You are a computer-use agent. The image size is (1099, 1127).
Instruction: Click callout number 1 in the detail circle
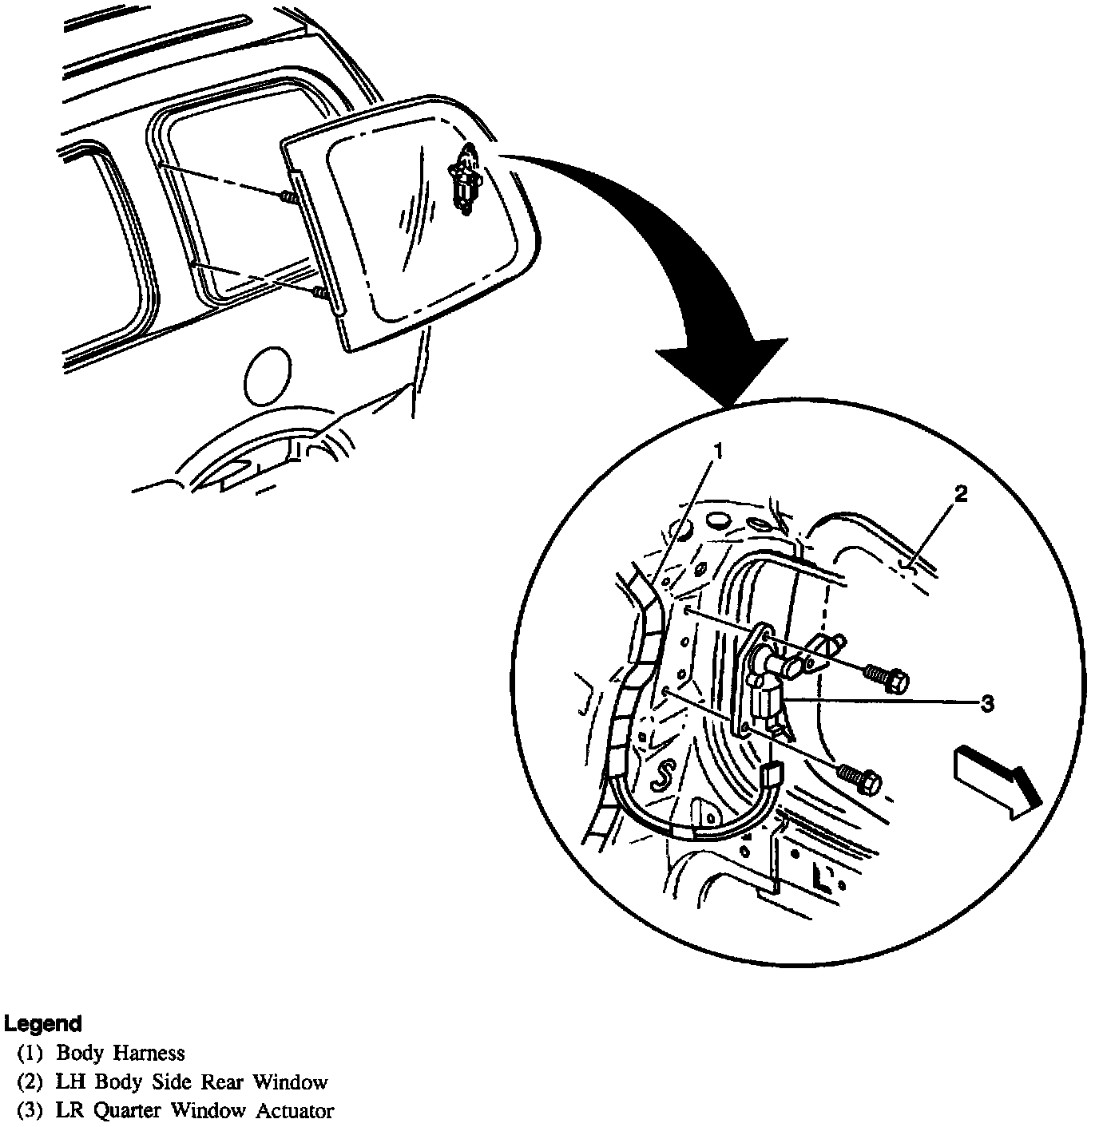tap(717, 453)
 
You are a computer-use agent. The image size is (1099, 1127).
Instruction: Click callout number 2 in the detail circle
tap(961, 494)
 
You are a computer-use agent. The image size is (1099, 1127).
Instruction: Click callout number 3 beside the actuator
tap(987, 703)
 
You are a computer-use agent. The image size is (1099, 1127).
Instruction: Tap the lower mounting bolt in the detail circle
tap(860, 776)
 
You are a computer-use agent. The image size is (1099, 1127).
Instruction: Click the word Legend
tap(43, 1023)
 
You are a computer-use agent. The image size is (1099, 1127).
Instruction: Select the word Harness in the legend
tap(149, 1054)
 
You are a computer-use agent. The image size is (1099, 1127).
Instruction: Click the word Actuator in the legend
tap(295, 1110)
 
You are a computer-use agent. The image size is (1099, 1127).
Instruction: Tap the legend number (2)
tap(30, 1082)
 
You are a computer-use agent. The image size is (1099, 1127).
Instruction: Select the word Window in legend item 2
tap(291, 1082)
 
